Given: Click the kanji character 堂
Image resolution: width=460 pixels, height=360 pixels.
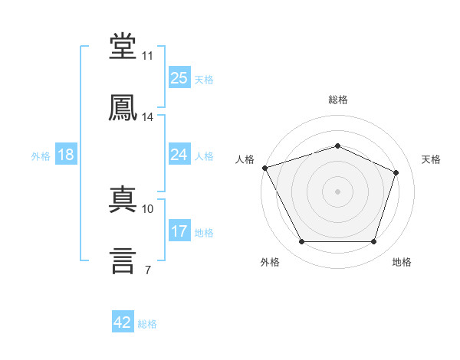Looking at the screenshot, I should click(x=123, y=47).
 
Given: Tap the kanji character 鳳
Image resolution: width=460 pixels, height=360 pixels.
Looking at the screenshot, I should click(x=123, y=107).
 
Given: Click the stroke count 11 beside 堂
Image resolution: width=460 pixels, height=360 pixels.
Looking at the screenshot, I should click(x=147, y=56).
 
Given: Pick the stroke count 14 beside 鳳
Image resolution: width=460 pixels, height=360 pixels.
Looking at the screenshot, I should click(x=147, y=117).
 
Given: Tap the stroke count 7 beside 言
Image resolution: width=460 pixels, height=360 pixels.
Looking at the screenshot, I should click(x=147, y=270).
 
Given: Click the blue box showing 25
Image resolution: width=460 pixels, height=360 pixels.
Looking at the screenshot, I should click(x=179, y=78).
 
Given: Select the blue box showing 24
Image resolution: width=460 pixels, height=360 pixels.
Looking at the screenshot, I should click(x=179, y=155).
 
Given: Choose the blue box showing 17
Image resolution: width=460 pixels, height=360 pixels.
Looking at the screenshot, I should click(x=179, y=231).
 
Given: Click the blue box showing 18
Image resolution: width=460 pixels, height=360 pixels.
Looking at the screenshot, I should click(x=66, y=155).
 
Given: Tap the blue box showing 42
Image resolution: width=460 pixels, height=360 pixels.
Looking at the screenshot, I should click(x=123, y=323).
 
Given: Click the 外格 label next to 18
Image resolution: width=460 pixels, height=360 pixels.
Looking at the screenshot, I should click(x=41, y=156).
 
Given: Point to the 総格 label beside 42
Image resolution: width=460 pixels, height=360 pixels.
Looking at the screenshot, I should click(x=147, y=324).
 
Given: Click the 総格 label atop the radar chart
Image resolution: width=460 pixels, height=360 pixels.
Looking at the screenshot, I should click(x=337, y=100).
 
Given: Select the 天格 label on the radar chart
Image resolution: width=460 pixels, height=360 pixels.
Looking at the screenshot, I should click(x=431, y=159).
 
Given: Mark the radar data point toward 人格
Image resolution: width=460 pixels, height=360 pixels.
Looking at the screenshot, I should click(x=264, y=168).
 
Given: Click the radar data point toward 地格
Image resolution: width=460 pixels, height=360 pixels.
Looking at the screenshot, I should click(x=373, y=242).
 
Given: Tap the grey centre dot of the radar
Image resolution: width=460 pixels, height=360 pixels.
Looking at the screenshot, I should click(x=337, y=191).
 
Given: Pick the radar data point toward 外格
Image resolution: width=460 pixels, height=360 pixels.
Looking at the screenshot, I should click(x=301, y=242).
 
